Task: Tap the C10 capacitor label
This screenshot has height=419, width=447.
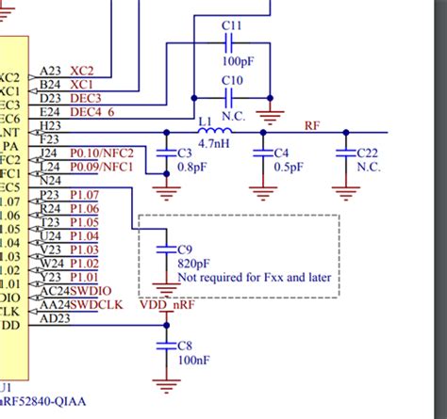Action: [x=231, y=80]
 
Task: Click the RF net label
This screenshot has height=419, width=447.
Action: [x=312, y=124]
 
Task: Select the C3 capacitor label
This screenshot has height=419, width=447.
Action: [x=186, y=152]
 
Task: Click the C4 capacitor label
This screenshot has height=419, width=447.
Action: [x=281, y=153]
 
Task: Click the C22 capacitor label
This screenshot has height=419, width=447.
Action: [x=369, y=153]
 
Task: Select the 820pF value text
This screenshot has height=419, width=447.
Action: [x=192, y=264]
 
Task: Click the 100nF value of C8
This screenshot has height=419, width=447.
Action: [x=193, y=360]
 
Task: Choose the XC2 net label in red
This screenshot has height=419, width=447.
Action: [x=83, y=72]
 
